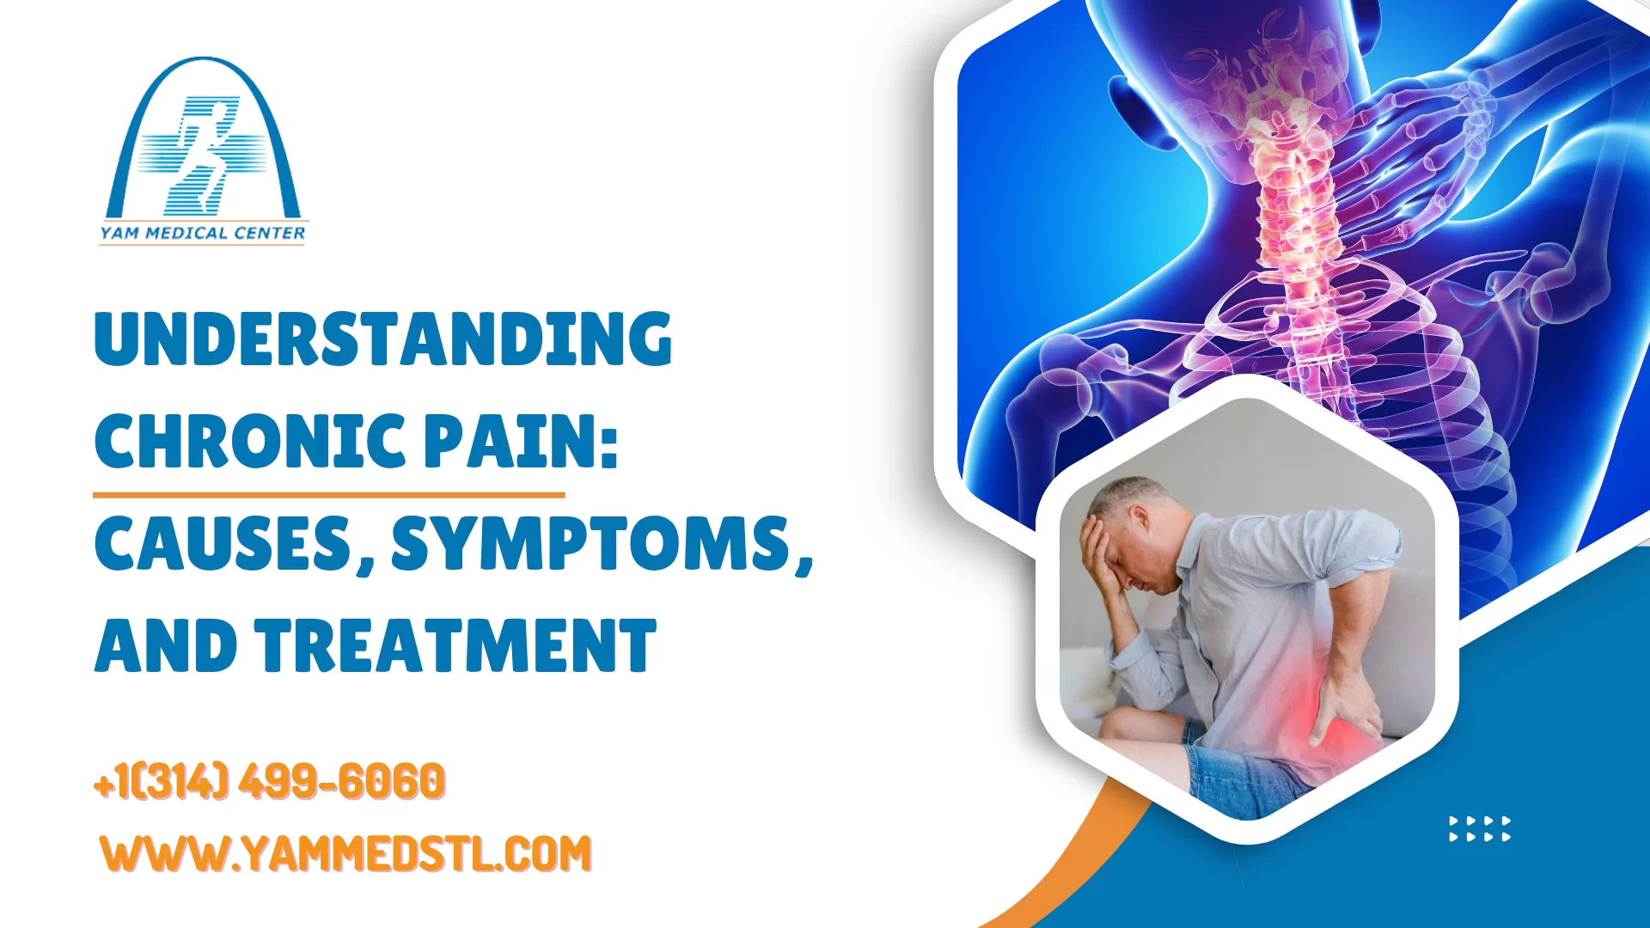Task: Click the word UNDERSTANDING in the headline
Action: coord(382,339)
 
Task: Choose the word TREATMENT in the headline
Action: coord(455,646)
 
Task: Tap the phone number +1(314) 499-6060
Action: coord(269,781)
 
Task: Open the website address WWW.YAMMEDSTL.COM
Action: coord(345,853)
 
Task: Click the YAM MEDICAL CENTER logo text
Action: coord(203,233)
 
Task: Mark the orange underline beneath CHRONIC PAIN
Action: coord(328,495)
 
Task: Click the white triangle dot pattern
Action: coord(1479,828)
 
